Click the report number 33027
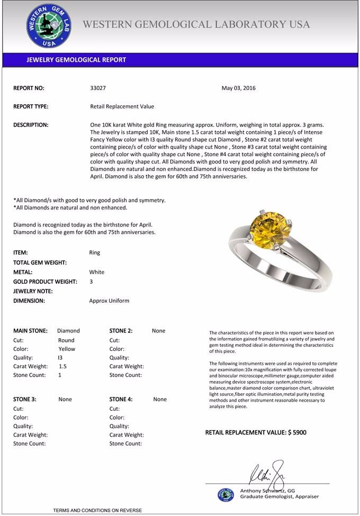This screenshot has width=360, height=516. (98, 88)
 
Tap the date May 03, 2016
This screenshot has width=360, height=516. (238, 88)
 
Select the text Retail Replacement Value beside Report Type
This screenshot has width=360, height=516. (122, 106)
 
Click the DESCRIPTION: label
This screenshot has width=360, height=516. (31, 125)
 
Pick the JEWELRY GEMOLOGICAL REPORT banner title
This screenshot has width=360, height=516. (76, 60)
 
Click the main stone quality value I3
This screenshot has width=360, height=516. (60, 358)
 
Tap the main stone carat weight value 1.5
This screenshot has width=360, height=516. (62, 366)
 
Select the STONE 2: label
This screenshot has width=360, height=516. (121, 331)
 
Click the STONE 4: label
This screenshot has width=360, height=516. (121, 400)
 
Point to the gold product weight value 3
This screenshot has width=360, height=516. (91, 282)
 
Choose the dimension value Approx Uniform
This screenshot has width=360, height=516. (109, 301)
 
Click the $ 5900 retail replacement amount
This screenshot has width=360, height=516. (297, 432)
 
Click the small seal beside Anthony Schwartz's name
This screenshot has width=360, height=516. (226, 494)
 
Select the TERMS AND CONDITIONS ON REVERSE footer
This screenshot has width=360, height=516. (97, 510)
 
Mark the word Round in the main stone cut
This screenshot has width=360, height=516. (66, 340)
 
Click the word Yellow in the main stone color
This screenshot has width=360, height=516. (67, 349)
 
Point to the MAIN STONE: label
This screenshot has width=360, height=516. (30, 331)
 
